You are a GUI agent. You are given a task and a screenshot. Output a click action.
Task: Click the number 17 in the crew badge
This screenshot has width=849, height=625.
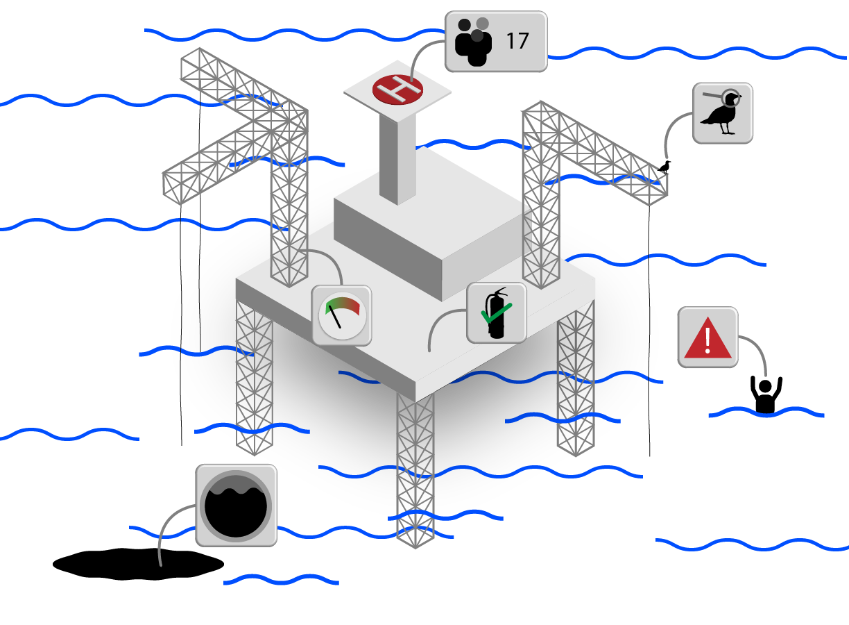coord(517,41)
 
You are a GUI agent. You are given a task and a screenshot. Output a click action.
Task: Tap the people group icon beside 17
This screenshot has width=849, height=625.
coord(473,42)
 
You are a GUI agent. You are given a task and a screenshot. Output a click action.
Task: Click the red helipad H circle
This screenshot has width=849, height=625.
coord(397,89)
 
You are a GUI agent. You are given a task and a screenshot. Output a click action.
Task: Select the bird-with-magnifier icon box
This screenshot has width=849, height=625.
coord(722,113)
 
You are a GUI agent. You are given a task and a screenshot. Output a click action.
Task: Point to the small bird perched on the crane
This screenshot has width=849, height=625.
coord(664,167)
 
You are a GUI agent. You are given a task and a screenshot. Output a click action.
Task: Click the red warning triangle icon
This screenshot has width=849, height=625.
coord(707,338)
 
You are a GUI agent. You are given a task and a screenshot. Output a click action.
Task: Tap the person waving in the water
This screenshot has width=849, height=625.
coord(766,394)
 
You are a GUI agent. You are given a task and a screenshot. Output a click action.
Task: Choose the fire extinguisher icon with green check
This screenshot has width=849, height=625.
coord(496,312)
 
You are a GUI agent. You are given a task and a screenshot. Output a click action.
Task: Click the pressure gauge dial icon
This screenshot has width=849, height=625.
coord(341,315)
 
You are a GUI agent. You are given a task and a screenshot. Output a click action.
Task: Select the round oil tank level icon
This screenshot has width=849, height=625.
coord(236,505)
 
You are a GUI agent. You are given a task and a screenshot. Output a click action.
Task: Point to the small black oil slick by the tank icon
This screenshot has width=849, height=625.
coord(139,563)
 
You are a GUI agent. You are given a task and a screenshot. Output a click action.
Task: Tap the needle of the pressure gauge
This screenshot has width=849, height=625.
coord(336,318)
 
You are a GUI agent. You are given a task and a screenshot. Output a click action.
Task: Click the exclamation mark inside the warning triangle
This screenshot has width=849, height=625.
coord(707,340)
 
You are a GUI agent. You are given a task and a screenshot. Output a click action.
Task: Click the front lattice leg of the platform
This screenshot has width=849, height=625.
coord(415,465)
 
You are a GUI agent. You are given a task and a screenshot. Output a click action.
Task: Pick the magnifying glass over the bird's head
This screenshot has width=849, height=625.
coord(730,97)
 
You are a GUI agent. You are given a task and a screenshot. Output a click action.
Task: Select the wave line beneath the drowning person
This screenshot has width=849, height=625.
coord(766,415)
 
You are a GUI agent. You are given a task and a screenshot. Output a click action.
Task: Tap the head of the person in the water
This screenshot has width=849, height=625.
coord(765,385)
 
